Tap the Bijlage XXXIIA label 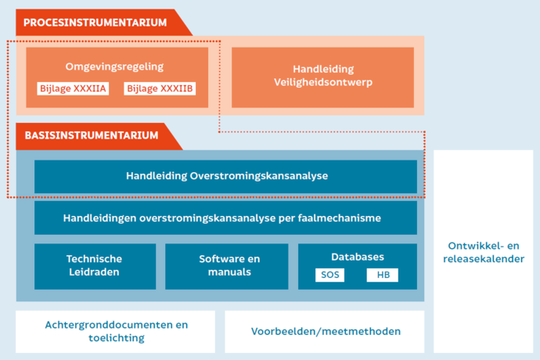coord(73,88)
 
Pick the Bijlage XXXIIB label coord(160,88)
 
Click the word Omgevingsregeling coord(114,67)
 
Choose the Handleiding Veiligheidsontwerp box coord(322,77)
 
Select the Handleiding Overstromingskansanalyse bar coord(225,176)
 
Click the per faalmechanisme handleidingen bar coord(225,218)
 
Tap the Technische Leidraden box coord(95,267)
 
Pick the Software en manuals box coord(227,267)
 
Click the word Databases coord(358,257)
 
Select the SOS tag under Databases coord(330,275)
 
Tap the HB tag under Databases coord(383,275)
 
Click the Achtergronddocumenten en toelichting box coord(115,332)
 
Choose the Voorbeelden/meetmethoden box coord(325,332)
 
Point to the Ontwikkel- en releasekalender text coord(484,252)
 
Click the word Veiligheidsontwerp coord(323,83)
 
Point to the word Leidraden coord(94,272)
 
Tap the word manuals coord(229,272)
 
